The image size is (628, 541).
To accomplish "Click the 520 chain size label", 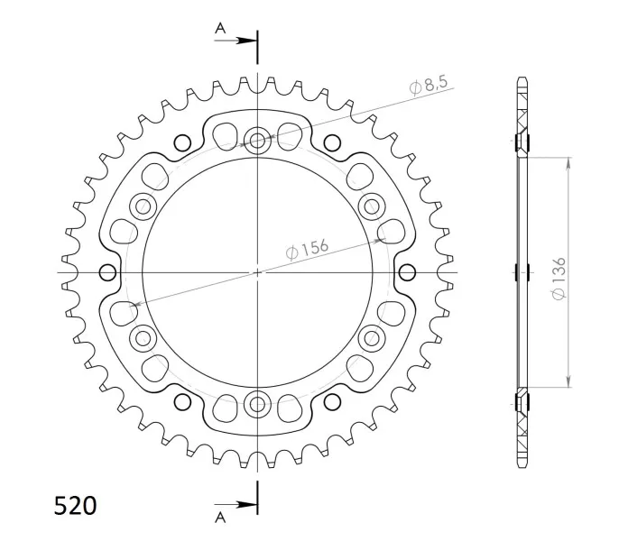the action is point(75,506).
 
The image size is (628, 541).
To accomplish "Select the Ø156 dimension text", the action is point(307,249).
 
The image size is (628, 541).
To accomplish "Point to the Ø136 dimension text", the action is point(559,278).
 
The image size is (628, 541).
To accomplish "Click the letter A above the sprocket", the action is point(220,29).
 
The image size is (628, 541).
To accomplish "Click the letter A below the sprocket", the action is point(220,518).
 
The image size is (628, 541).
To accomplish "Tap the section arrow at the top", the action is point(235,41).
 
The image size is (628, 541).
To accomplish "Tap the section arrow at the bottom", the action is point(235,505).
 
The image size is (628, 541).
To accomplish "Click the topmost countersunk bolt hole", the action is point(257,141).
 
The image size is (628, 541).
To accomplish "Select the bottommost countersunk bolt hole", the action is point(257,405).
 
